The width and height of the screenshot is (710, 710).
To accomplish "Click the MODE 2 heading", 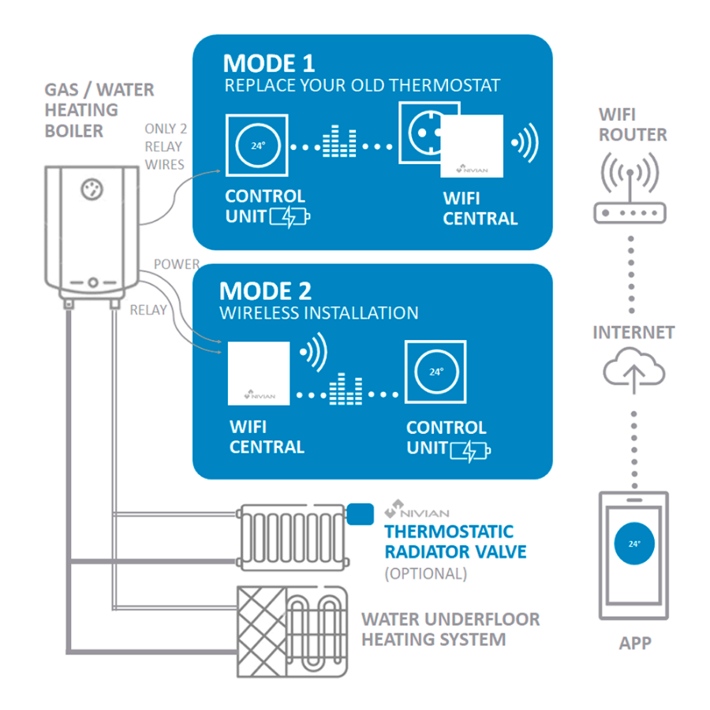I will tap(266, 290).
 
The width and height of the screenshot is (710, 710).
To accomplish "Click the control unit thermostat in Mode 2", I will tap(436, 371).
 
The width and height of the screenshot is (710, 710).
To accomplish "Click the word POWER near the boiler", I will tap(176, 264).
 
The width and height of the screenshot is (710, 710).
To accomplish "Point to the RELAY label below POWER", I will tap(148, 310).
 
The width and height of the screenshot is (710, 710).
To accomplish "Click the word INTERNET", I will tap(633, 332).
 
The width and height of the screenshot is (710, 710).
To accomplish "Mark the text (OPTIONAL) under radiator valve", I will tap(425, 574).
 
